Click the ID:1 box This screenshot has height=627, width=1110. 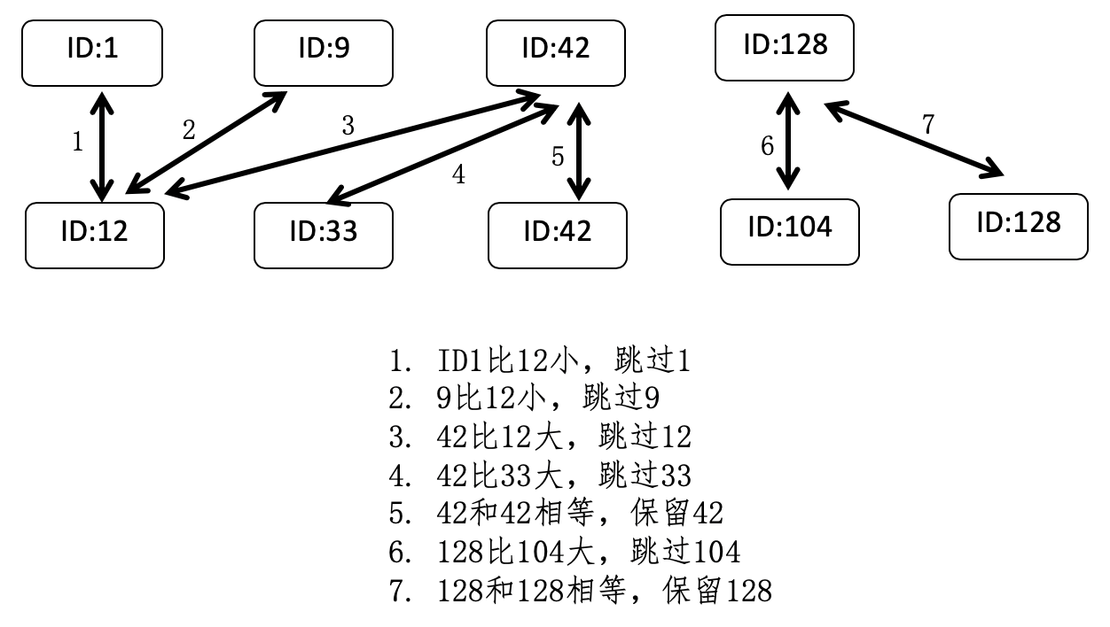pos(92,52)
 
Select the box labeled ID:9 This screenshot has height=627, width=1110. pos(323,52)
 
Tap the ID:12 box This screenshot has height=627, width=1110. pos(95,235)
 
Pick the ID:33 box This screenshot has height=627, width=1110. pos(323,235)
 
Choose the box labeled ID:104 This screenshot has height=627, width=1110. pos(789,231)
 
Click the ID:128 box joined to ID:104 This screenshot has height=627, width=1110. pos(785,47)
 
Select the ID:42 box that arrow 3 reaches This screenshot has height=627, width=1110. pos(556,52)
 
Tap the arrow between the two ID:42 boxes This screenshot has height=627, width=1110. pos(580,151)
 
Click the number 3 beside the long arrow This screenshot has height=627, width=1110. pos(348,127)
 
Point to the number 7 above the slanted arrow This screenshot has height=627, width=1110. pos(927,125)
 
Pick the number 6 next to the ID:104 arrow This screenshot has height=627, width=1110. pos(768,146)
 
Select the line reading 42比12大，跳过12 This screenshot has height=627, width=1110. pos(540,437)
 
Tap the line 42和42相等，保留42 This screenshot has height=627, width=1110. pos(556,514)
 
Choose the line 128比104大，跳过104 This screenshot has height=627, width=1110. pos(564,552)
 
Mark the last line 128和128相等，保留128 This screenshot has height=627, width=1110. pos(580,590)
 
